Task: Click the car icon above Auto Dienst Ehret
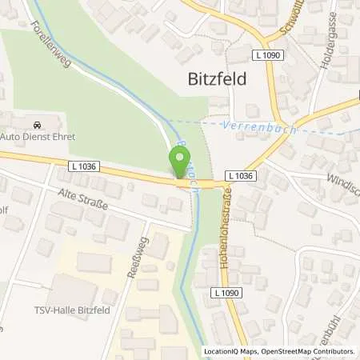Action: click(37, 125)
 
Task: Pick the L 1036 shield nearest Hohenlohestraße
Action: click(239, 174)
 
